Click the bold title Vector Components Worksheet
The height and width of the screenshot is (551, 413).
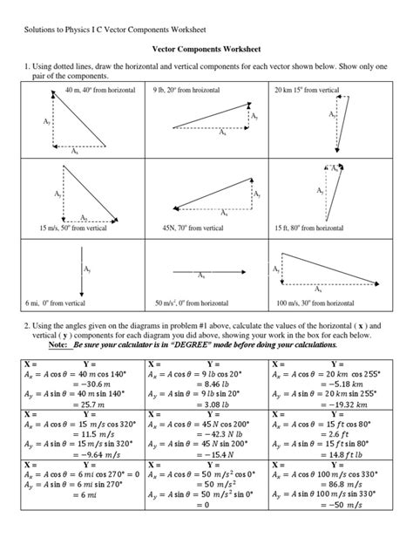tap(206, 51)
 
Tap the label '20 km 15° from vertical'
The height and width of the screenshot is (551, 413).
tap(309, 89)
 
